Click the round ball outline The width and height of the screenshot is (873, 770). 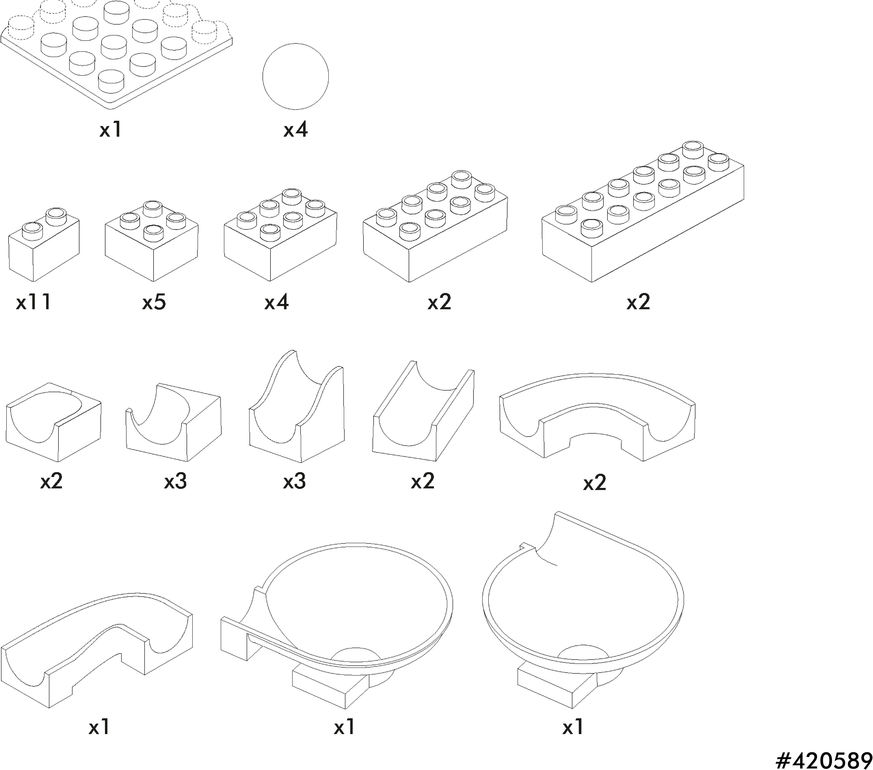click(295, 76)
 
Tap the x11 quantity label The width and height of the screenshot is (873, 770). click(34, 302)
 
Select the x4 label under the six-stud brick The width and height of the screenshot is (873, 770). click(276, 302)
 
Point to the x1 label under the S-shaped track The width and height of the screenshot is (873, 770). click(100, 727)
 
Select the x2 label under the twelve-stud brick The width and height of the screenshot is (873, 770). click(638, 302)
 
